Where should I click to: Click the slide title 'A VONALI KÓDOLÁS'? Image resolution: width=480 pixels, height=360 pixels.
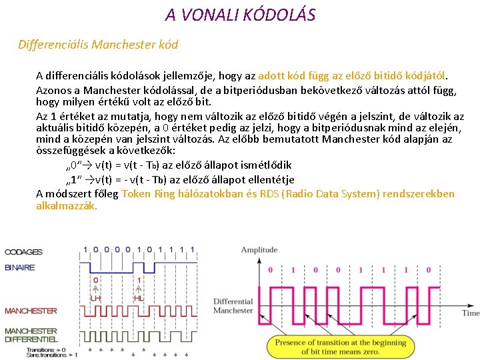click(x=240, y=14)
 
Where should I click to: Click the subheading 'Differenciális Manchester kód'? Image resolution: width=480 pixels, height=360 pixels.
click(x=98, y=45)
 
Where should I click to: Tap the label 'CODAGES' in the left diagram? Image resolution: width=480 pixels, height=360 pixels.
click(x=24, y=252)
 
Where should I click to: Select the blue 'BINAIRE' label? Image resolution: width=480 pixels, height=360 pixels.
click(x=20, y=267)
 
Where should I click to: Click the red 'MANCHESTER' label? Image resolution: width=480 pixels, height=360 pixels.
click(x=31, y=311)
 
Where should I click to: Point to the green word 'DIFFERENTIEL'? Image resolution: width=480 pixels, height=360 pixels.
click(x=31, y=339)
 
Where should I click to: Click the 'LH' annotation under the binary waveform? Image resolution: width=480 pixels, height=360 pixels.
click(x=95, y=297)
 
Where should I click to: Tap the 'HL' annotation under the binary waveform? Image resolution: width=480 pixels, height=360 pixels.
click(x=138, y=297)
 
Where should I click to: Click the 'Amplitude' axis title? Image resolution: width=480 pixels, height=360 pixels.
click(x=259, y=250)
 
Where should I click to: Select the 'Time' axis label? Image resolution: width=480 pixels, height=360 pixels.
click(x=471, y=313)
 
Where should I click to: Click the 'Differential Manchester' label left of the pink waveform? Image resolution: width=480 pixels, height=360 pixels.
click(x=233, y=306)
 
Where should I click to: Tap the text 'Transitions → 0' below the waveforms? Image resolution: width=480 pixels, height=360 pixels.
click(x=47, y=349)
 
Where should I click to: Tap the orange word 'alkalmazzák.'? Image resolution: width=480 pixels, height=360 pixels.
click(x=67, y=206)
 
